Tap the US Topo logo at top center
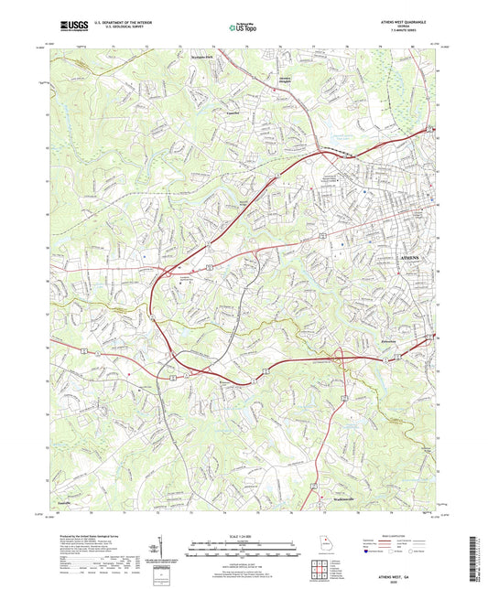pyautogui.click(x=242, y=27)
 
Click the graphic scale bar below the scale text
pyautogui.click(x=244, y=546)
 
